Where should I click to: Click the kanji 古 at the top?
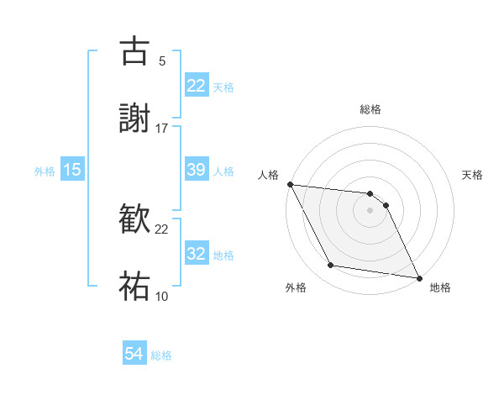134,50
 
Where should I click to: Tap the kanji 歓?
134,218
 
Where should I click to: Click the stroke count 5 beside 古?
162,61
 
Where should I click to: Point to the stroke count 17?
162,128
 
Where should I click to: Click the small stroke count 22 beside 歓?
162,229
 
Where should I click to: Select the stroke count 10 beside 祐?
162,296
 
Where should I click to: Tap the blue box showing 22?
197,86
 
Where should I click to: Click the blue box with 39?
197,170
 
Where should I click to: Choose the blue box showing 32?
197,254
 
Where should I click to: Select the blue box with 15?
72,170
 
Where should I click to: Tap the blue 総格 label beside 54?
161,355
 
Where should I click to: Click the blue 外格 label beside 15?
45,171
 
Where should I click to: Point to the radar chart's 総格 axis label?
370,109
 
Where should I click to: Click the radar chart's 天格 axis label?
473,175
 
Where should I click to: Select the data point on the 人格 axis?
290,184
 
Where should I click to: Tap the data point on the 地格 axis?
418,277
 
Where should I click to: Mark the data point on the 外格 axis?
331,266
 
